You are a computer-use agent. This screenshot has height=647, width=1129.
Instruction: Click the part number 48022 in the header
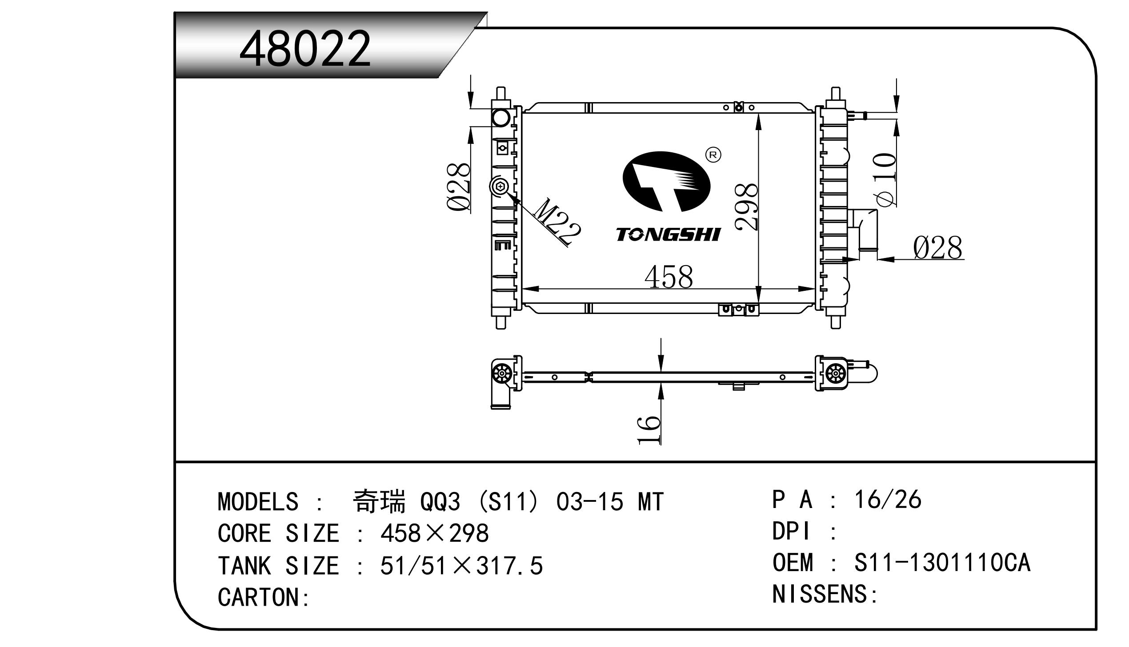click(x=304, y=48)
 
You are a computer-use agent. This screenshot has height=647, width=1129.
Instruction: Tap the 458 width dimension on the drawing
click(x=669, y=277)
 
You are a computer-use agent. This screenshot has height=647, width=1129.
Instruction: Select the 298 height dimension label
click(x=747, y=207)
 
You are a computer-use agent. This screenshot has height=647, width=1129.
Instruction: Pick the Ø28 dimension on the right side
click(x=938, y=247)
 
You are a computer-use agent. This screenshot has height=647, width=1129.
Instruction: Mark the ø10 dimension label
click(x=885, y=180)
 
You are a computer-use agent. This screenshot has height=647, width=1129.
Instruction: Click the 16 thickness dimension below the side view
click(x=649, y=430)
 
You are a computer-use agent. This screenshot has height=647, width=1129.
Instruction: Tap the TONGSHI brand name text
click(x=668, y=234)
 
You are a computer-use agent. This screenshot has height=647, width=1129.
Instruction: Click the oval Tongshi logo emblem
click(x=667, y=181)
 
